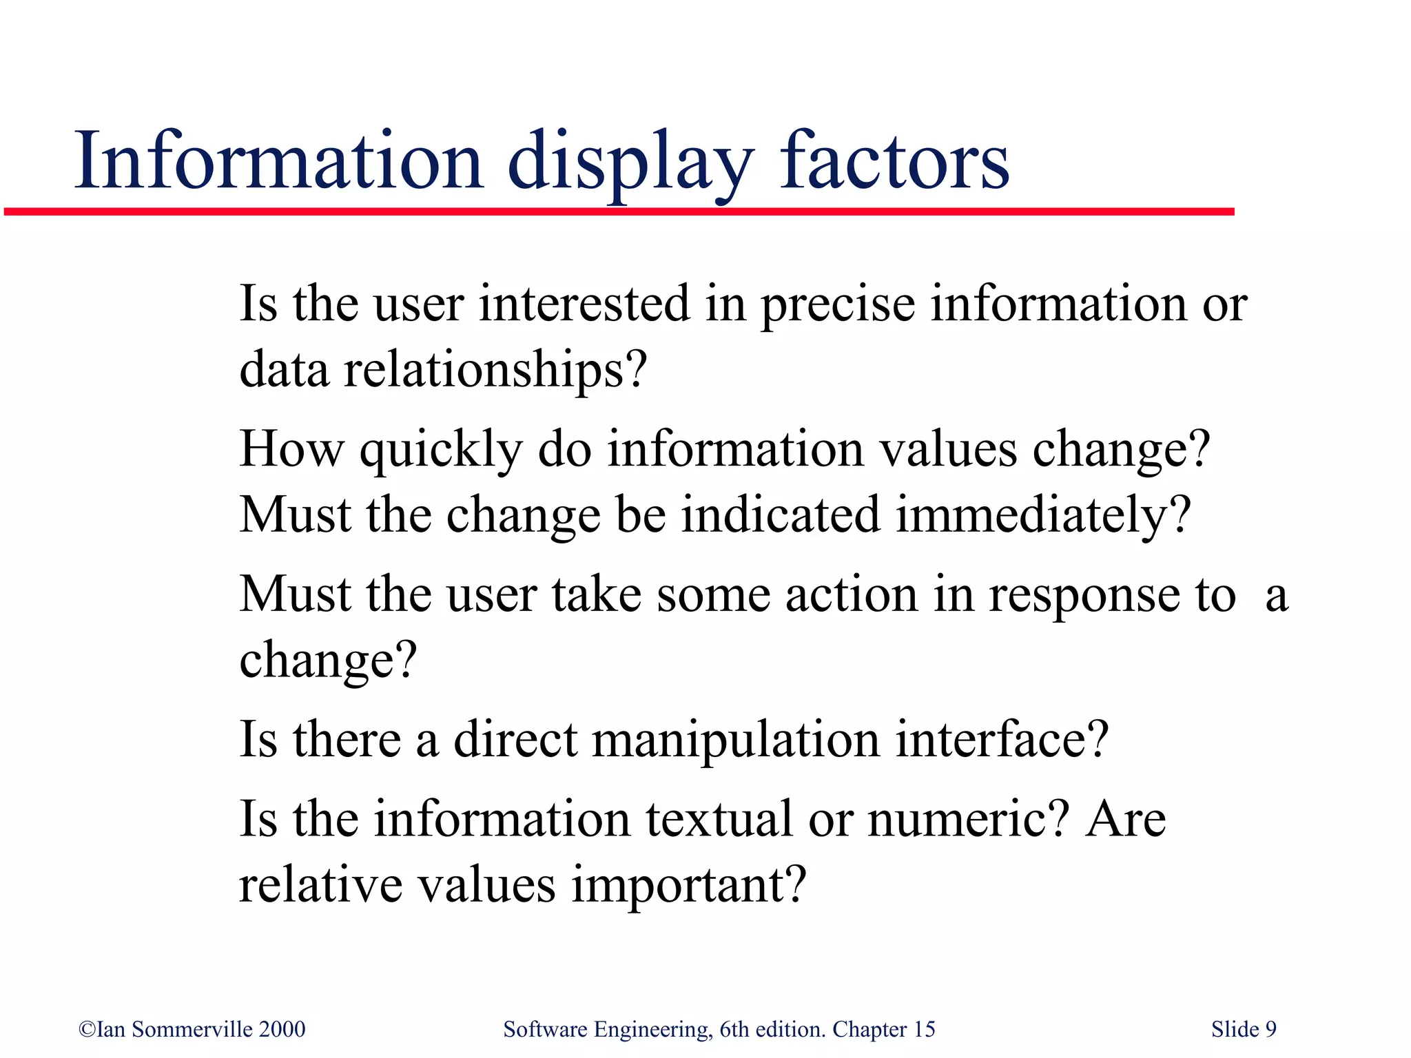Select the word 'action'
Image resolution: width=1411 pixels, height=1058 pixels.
point(852,594)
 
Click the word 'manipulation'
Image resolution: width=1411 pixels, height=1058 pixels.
point(736,740)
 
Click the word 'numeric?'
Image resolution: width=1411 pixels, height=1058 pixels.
point(968,819)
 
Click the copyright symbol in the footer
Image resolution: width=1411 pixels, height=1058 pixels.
point(87,1029)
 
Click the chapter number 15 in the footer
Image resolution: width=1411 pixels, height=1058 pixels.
point(924,1029)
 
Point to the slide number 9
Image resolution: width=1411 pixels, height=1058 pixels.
point(1270,1029)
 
